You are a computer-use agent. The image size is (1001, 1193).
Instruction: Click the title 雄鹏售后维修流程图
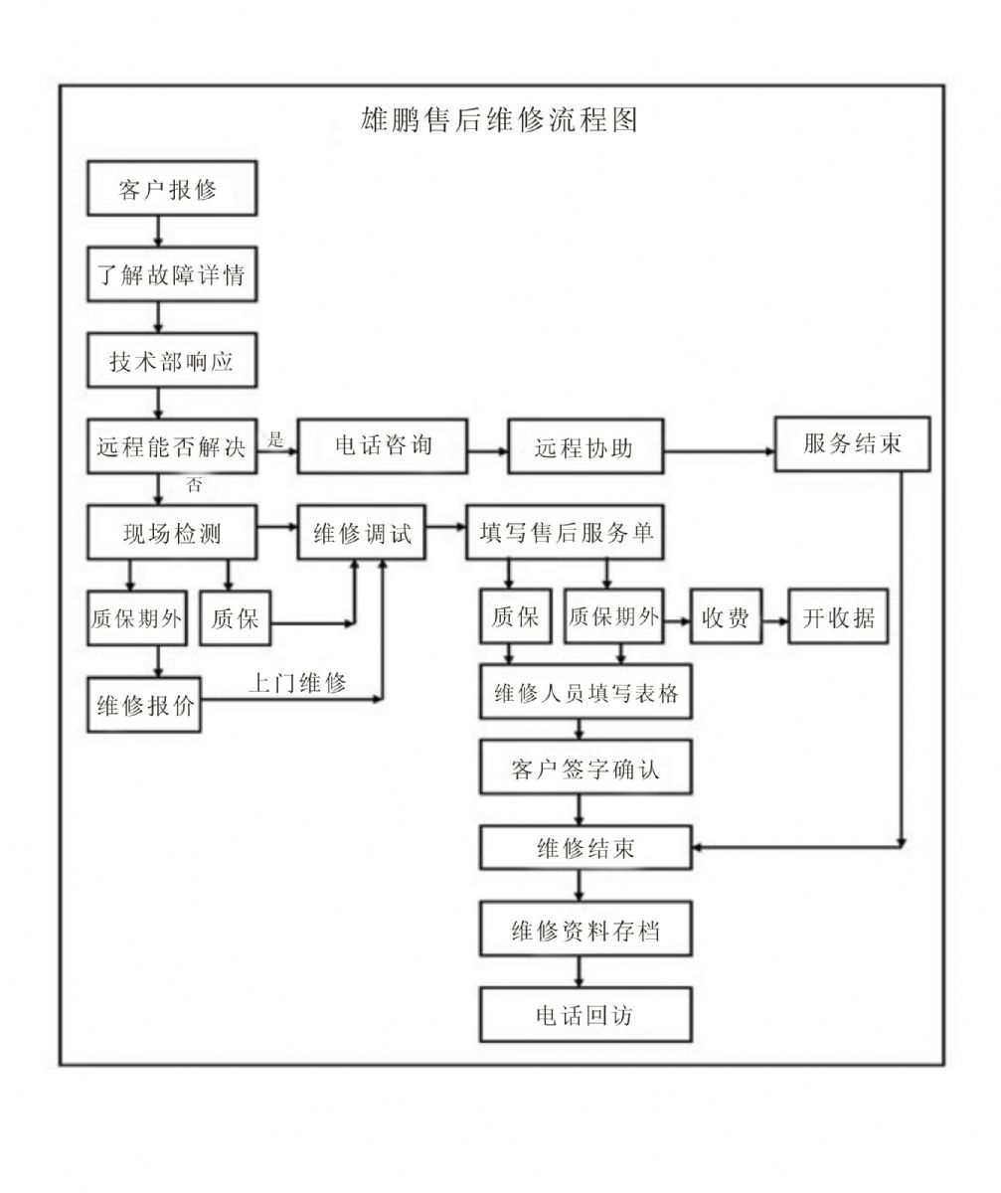pos(500,120)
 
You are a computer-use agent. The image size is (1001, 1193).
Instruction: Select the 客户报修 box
pos(171,189)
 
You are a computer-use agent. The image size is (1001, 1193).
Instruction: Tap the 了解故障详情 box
pos(171,275)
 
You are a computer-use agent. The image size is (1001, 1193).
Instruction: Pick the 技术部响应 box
pos(171,361)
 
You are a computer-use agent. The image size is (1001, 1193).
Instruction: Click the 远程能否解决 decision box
pos(171,447)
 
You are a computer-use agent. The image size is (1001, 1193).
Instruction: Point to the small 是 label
pos(276,438)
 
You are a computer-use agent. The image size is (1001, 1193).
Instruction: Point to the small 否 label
pos(196,486)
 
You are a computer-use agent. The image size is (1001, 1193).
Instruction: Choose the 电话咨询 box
pos(383,445)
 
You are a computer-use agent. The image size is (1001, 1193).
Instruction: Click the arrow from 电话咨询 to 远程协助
pos(488,450)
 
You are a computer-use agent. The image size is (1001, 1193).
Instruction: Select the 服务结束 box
pos(853,443)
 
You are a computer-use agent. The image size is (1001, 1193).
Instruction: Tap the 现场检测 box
pos(171,533)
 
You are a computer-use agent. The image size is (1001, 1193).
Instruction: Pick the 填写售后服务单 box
pos(566,532)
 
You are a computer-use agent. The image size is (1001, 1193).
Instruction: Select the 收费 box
pos(726,617)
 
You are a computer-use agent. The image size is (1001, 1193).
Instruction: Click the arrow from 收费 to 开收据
pos(775,619)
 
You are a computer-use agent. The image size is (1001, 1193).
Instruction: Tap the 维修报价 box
pos(145,706)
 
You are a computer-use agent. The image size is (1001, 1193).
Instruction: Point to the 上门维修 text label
pos(296,683)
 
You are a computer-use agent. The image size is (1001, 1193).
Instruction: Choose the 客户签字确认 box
pos(584,767)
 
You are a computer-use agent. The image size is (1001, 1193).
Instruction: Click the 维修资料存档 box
pos(584,932)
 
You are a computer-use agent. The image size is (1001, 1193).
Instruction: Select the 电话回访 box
pos(584,1015)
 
